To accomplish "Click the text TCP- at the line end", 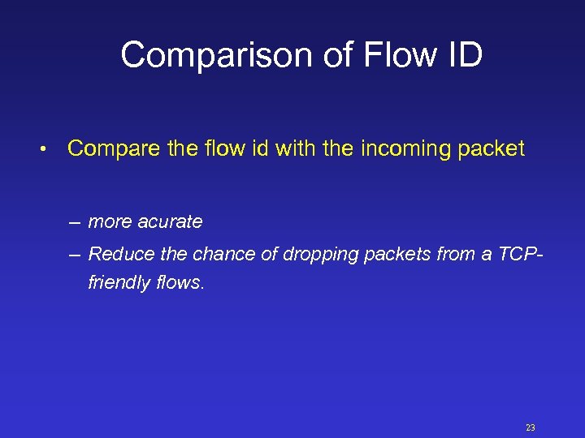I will coord(521,254).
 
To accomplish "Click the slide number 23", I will coord(531,427).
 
